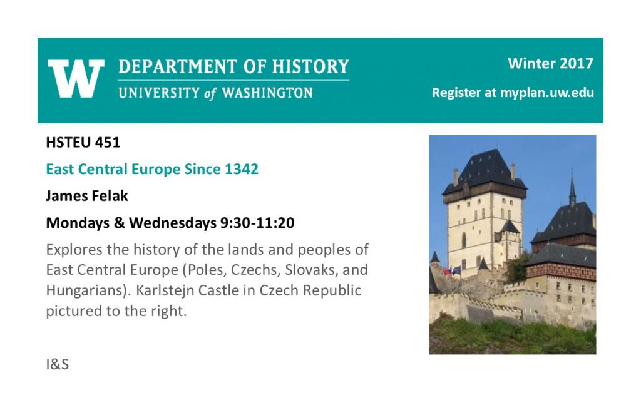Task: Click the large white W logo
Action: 76,78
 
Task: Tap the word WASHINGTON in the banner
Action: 267,93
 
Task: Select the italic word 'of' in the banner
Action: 210,94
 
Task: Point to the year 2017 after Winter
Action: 576,63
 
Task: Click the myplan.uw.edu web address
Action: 547,93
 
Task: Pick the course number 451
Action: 108,142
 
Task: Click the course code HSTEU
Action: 68,142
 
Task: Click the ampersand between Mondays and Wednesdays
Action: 120,223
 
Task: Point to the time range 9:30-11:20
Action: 257,223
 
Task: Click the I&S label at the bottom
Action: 57,364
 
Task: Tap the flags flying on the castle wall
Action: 451,270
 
